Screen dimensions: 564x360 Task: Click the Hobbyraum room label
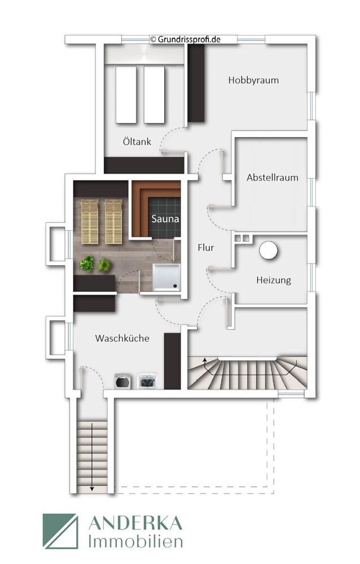point(253,80)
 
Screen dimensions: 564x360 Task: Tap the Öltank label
point(137,142)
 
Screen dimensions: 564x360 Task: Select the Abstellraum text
point(272,177)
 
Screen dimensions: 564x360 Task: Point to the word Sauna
point(165,218)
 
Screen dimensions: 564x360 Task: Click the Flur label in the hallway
point(206,247)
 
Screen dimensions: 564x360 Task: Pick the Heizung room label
point(274,280)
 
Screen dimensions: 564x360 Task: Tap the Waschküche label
point(122,338)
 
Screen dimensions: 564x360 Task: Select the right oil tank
point(153,94)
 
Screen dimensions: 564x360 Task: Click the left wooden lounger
point(90,222)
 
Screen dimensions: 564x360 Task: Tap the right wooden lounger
point(113,222)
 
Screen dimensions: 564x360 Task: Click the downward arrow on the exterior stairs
point(91,487)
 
